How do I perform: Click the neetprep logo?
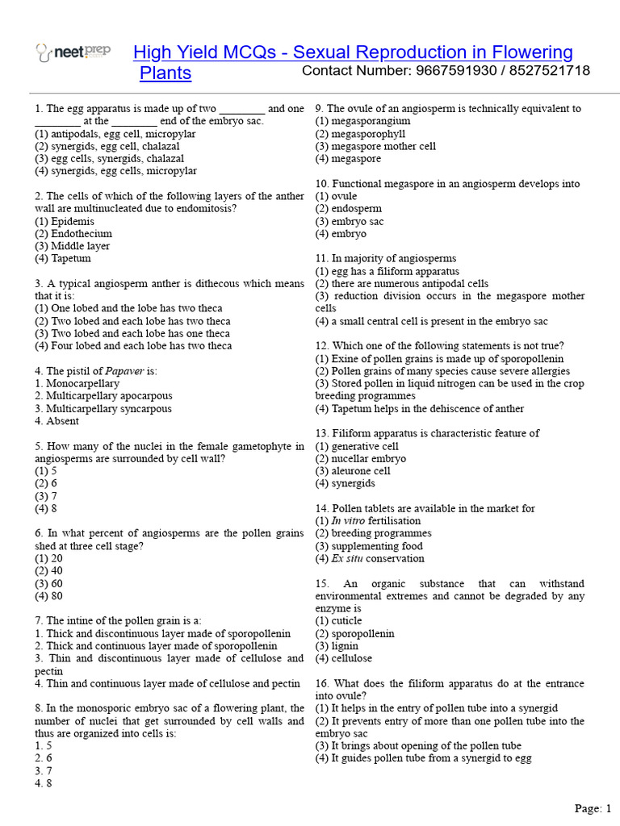(73, 53)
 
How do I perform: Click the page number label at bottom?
(593, 807)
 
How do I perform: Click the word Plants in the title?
(165, 73)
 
